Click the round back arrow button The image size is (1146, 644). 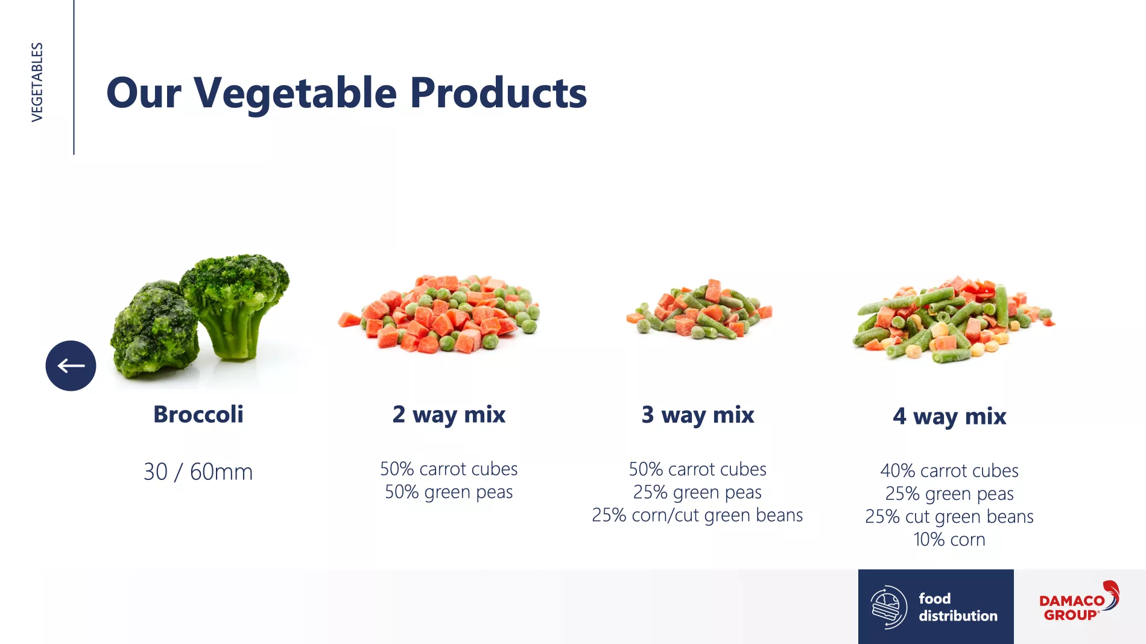click(x=71, y=365)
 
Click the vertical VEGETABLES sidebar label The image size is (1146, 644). click(x=37, y=82)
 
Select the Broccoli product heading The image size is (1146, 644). click(x=198, y=414)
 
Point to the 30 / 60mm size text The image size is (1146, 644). click(x=198, y=472)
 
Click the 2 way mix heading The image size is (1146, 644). click(x=449, y=415)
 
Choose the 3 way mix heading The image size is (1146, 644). click(x=698, y=415)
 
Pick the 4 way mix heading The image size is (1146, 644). click(x=949, y=416)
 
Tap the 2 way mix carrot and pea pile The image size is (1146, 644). click(x=439, y=314)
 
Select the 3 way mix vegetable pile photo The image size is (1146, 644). click(x=700, y=309)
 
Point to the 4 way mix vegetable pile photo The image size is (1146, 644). click(x=954, y=320)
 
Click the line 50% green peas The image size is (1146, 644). click(x=449, y=492)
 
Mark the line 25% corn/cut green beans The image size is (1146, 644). click(x=697, y=515)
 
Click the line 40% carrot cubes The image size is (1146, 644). click(x=949, y=470)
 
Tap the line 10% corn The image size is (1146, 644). click(x=949, y=539)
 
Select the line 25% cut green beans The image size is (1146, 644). click(x=949, y=516)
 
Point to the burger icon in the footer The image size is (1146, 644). click(x=888, y=607)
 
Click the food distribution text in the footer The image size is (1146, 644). click(x=958, y=607)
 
